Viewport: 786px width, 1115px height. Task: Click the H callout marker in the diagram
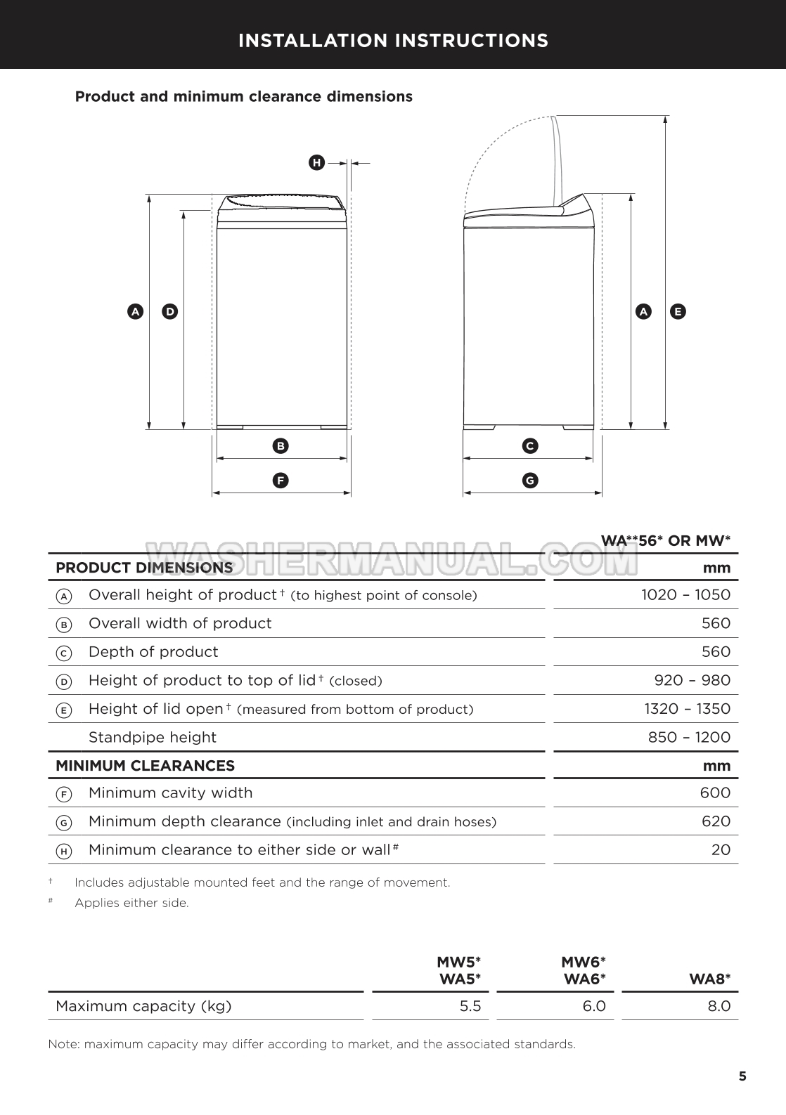(x=316, y=163)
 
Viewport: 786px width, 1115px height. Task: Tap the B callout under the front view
(x=281, y=445)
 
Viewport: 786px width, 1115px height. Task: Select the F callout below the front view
(x=281, y=481)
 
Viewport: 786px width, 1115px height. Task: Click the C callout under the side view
(x=530, y=445)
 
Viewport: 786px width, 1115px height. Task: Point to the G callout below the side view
(x=530, y=481)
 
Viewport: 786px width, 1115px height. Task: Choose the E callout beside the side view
(x=678, y=311)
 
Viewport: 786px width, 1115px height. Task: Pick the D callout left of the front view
(x=169, y=311)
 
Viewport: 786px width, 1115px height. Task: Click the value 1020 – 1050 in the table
(x=685, y=595)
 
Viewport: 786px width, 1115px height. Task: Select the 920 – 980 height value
(x=692, y=680)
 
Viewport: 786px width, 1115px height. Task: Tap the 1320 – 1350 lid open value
(x=687, y=709)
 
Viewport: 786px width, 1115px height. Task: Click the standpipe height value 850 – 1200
(x=689, y=738)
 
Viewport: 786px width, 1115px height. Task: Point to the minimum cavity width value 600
(x=715, y=793)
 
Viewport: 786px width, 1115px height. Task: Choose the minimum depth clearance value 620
(x=716, y=821)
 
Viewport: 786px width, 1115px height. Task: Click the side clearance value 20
(x=721, y=850)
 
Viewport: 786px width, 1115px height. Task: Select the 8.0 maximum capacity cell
(x=719, y=1006)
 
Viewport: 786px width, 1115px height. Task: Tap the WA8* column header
(x=710, y=979)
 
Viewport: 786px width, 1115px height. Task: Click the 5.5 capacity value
(x=470, y=1006)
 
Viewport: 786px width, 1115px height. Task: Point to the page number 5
(x=742, y=1076)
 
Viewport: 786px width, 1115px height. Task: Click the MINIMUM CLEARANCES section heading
(x=145, y=766)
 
